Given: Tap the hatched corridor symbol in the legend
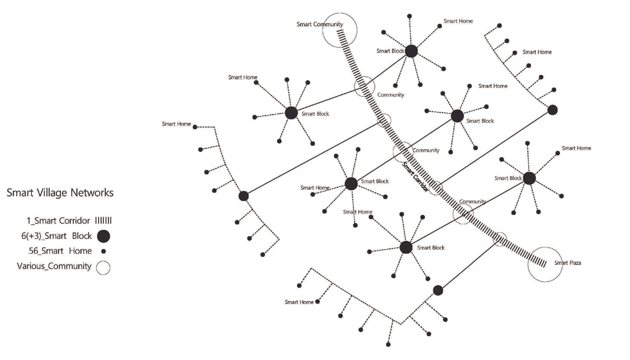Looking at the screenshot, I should (104, 220).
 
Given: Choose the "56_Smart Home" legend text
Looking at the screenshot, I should (61, 251).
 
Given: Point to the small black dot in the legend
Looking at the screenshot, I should (103, 251).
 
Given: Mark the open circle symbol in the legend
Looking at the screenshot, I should (103, 267).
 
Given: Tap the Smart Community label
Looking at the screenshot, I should (320, 24).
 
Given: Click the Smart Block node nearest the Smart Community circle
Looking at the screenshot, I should (411, 51).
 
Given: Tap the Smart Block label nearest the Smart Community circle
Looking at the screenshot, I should (390, 51).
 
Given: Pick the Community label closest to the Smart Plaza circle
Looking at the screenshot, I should (472, 202).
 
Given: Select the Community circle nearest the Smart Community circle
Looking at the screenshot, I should (364, 86).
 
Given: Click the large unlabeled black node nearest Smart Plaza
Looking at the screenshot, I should (438, 290).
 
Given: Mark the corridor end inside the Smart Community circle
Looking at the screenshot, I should (341, 32).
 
